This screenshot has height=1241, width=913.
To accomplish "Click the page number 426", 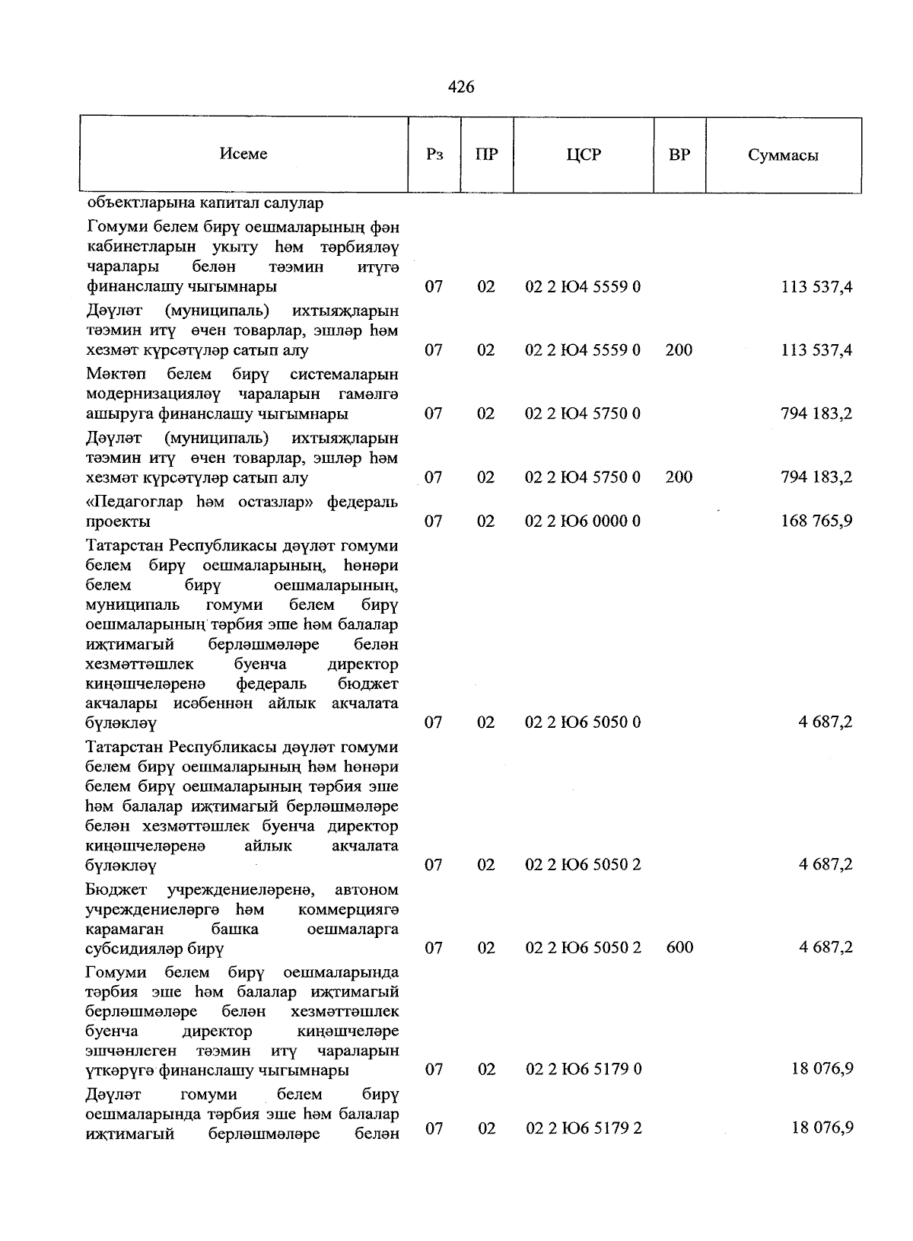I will click(x=461, y=88).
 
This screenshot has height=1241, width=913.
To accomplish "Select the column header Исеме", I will click(x=243, y=154).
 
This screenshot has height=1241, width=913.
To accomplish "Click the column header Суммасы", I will click(x=783, y=155).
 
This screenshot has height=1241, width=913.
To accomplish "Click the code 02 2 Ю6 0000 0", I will click(x=583, y=522).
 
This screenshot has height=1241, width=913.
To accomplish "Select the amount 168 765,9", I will click(x=816, y=522).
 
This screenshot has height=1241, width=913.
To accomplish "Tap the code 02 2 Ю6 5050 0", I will click(x=583, y=723).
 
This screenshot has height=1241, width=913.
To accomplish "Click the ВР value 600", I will click(x=679, y=948).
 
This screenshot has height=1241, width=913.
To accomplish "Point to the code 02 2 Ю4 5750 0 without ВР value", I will click(x=583, y=413).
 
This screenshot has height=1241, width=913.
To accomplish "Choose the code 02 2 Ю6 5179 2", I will click(x=584, y=1128).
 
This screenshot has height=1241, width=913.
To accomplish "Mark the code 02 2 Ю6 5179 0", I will click(x=584, y=1070).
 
